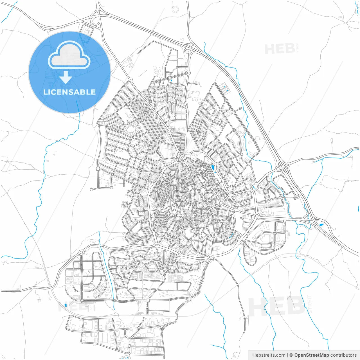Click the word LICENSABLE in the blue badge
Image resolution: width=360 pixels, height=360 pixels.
(x=69, y=92)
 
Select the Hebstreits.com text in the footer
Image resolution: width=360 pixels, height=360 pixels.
(x=269, y=355)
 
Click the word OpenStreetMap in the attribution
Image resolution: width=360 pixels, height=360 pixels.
(x=311, y=355)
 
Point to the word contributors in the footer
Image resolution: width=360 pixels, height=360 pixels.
(x=343, y=355)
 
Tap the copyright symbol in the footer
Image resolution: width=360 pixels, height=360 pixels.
(x=291, y=355)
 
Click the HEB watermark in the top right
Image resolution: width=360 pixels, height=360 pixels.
(x=280, y=49)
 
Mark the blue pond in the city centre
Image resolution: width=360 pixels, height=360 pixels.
(x=213, y=168)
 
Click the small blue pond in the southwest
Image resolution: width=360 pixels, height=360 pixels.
(x=66, y=305)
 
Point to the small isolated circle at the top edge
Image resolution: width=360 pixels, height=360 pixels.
(x=175, y=10)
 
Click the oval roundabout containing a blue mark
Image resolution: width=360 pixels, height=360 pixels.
(x=255, y=186)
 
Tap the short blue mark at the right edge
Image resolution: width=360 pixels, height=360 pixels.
(x=359, y=208)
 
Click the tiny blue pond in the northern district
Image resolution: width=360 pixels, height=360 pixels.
(x=171, y=81)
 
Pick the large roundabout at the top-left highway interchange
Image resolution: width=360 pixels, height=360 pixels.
(x=96, y=20)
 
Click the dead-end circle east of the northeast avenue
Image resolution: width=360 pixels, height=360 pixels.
(x=240, y=108)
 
